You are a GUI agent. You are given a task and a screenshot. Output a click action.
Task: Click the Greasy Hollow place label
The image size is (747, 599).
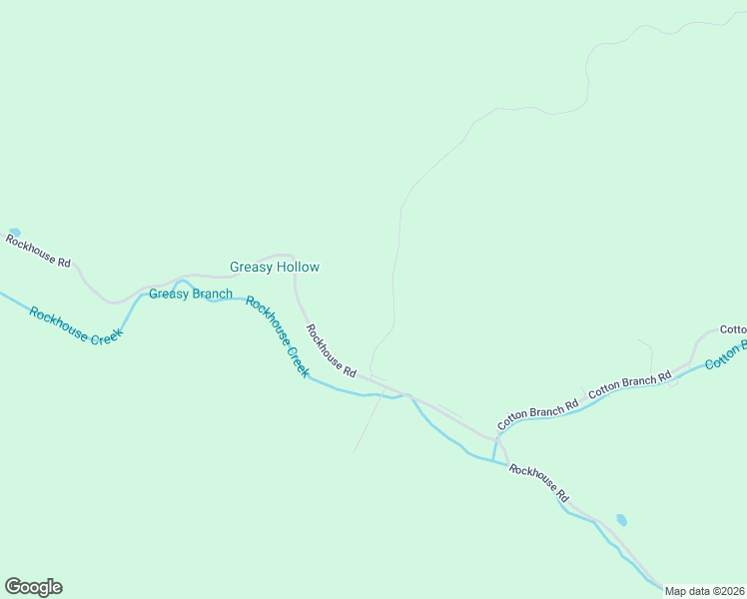click(275, 267)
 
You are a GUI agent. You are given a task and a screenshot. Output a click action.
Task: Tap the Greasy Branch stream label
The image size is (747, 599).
click(191, 294)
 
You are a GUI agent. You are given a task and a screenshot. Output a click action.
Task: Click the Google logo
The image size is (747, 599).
click(33, 587)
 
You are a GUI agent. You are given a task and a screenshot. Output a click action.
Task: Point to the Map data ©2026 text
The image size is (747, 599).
click(705, 591)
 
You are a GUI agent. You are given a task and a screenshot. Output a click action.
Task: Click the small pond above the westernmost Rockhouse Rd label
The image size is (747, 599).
click(14, 233)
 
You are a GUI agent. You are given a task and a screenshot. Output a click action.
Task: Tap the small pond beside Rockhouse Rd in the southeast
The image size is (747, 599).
click(621, 520)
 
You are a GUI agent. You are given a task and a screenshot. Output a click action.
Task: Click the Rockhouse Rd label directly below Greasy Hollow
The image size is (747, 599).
click(331, 349)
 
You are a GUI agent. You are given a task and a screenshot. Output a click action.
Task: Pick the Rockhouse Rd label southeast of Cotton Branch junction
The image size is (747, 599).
click(539, 482)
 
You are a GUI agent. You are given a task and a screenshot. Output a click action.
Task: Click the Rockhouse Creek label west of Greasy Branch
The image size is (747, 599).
click(75, 324)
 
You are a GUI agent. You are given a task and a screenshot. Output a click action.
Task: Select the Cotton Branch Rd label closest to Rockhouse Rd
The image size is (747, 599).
click(538, 414)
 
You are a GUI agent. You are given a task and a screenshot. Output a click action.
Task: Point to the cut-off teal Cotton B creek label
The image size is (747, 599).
click(725, 354)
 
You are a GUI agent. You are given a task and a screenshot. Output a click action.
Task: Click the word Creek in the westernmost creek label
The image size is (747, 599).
click(105, 334)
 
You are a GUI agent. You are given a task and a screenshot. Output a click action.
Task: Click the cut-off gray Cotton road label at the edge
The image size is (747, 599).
click(733, 329)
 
